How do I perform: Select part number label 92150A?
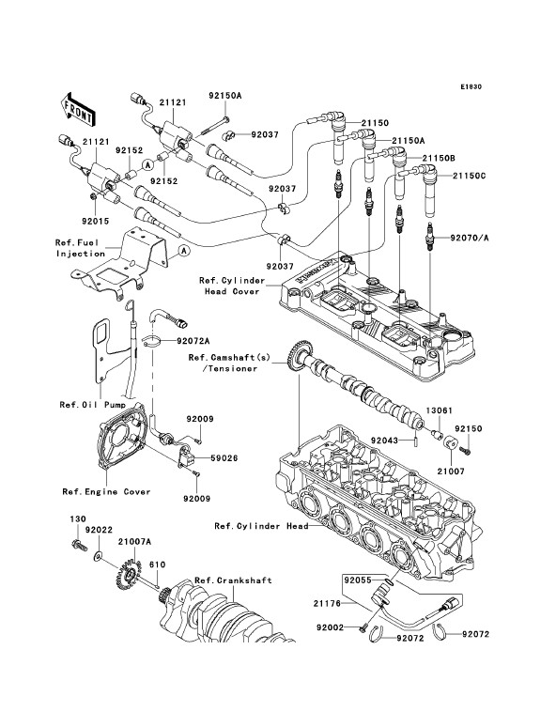224,96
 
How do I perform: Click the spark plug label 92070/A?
470,239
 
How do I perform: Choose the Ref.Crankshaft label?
233,580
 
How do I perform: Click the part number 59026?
224,458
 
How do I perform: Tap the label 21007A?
134,541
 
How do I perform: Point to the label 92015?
95,221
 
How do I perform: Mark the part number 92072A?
193,341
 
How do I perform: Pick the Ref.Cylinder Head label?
261,526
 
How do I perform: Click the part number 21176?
327,603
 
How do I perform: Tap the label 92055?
357,580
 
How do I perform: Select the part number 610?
157,565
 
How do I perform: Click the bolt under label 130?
80,545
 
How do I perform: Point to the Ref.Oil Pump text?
92,405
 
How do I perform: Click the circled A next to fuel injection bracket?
184,251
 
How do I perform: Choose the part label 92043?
384,440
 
